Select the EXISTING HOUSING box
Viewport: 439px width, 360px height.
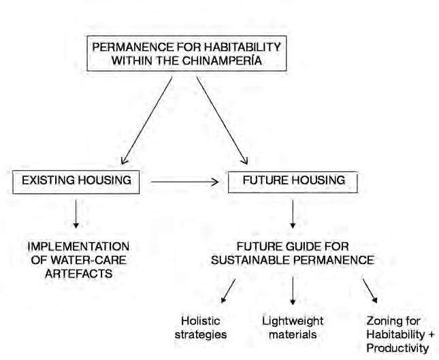tap(76, 182)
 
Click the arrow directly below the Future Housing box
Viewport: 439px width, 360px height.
tap(293, 214)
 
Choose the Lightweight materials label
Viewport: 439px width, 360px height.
tap(292, 327)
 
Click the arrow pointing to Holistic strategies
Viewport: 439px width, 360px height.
tap(228, 289)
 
